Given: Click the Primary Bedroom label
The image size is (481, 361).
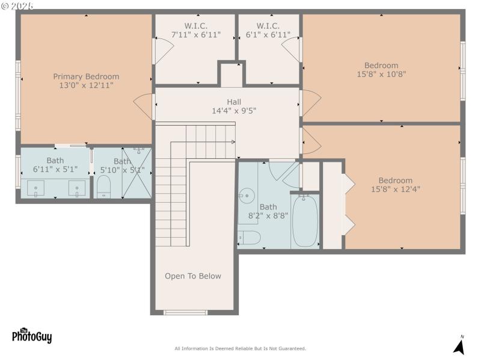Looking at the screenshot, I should pyautogui.click(x=86, y=76).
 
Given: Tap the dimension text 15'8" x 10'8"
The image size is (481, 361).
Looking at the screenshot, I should pyautogui.click(x=381, y=75).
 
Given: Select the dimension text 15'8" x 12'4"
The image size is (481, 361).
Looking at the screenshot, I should pyautogui.click(x=395, y=189).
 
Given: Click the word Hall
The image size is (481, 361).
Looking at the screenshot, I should pyautogui.click(x=234, y=102).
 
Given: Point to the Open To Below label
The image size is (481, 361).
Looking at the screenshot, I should pyautogui.click(x=193, y=276).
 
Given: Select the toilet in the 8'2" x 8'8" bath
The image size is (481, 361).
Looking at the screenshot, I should pyautogui.click(x=249, y=238).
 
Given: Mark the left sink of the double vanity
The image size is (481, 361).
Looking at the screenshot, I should pyautogui.click(x=37, y=189).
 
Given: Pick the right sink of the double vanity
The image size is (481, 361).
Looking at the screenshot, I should pyautogui.click(x=76, y=189).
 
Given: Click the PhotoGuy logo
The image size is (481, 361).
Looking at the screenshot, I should pyautogui.click(x=32, y=336).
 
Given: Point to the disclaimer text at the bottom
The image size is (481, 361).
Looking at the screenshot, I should pyautogui.click(x=240, y=348).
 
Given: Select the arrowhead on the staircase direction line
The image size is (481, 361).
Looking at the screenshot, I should pyautogui.click(x=233, y=142).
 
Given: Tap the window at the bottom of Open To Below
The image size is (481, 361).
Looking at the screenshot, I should pyautogui.click(x=186, y=312).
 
